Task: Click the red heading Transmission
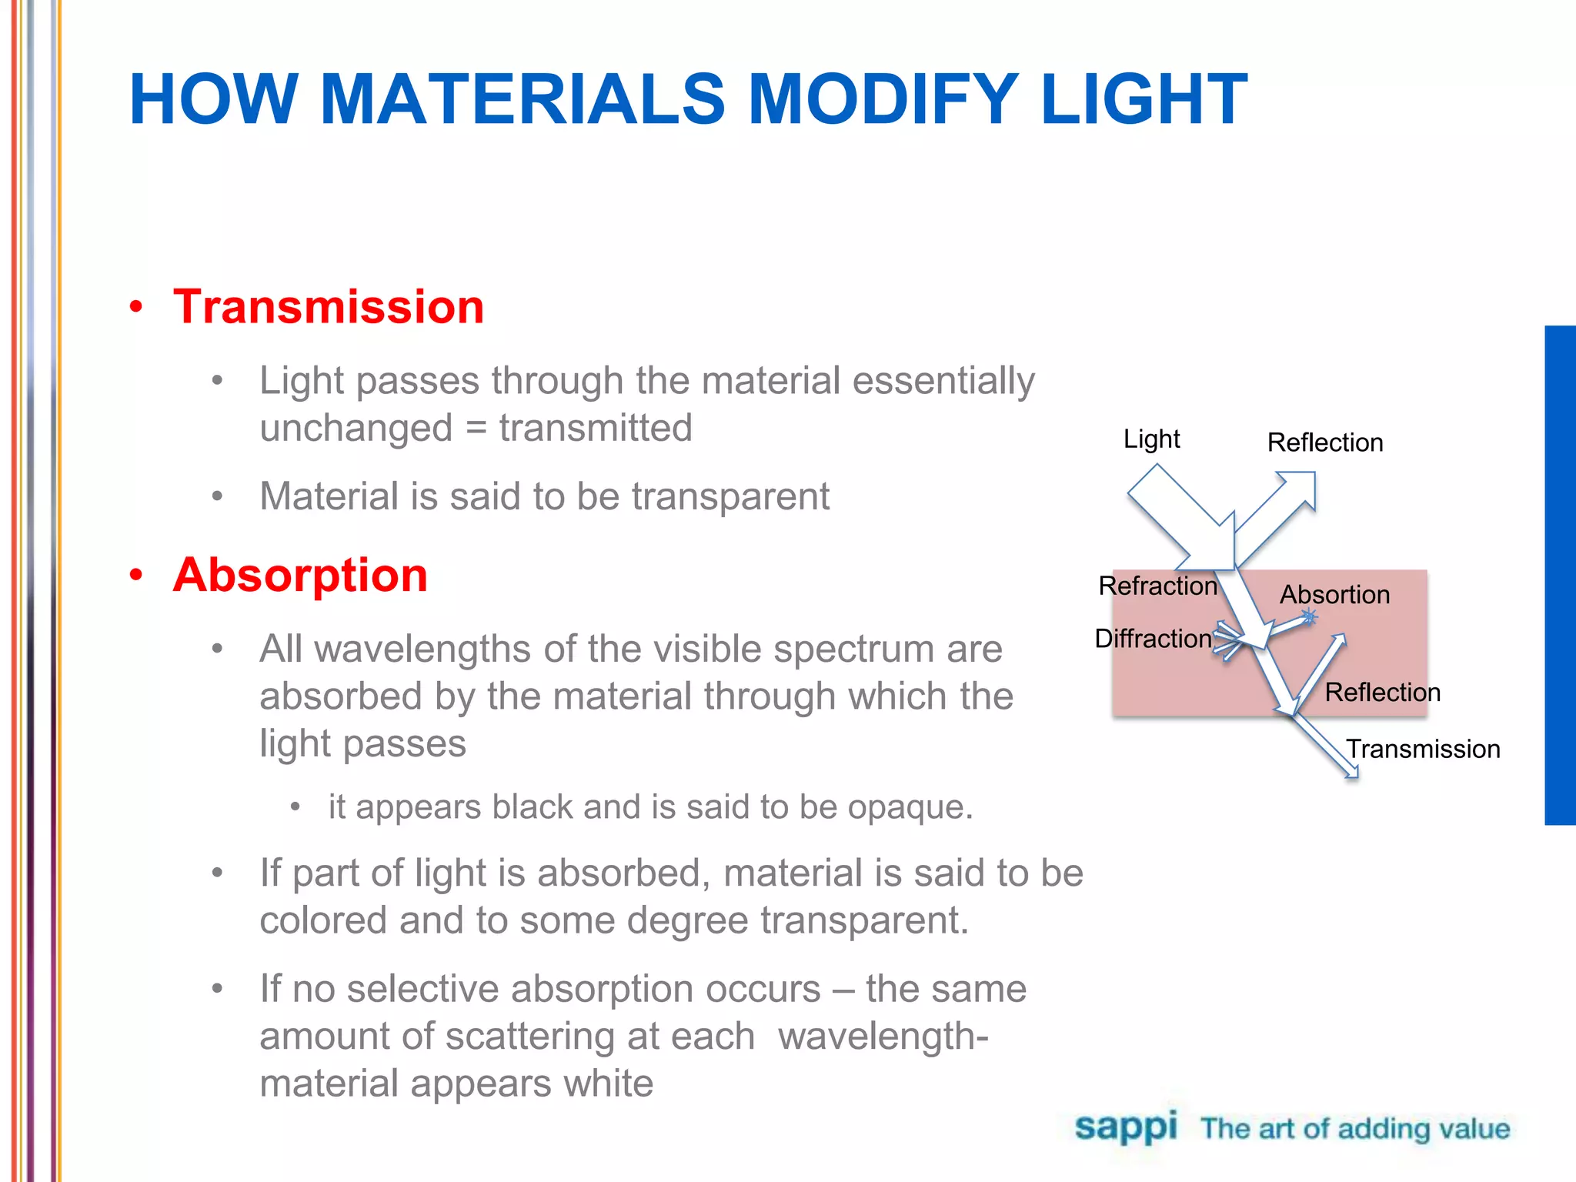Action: pos(329,306)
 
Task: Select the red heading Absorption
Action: pos(300,575)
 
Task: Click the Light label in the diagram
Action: pos(1151,439)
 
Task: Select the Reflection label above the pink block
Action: pos(1324,442)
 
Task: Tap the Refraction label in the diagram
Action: pos(1157,586)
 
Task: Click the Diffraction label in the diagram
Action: pos(1153,638)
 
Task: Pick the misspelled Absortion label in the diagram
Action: pos(1334,594)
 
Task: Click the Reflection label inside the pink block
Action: pos(1382,692)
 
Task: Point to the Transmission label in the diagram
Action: pos(1423,749)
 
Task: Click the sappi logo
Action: pos(1125,1127)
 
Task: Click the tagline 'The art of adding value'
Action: pos(1355,1129)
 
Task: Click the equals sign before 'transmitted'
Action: pos(476,429)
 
